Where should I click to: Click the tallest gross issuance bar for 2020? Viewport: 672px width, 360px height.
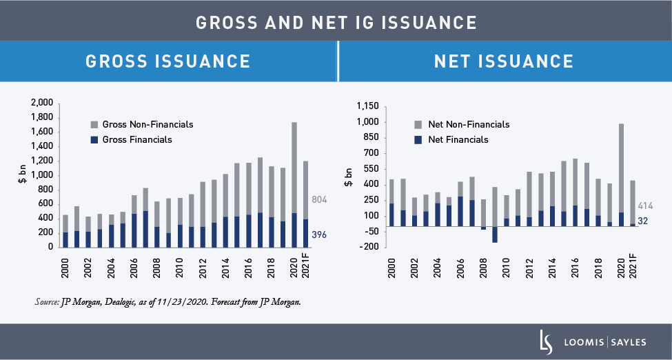coord(295,179)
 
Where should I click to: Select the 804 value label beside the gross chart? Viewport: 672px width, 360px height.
coord(319,200)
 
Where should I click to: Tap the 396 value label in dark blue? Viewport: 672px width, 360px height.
coord(319,235)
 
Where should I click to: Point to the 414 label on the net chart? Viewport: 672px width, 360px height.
coord(646,206)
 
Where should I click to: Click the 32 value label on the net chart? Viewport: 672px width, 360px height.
coord(642,221)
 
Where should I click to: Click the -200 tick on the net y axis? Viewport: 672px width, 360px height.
coord(370,247)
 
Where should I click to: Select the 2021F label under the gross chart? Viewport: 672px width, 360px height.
coord(306,266)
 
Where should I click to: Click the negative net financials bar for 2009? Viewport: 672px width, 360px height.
coord(495,234)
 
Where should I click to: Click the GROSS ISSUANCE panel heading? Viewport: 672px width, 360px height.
coord(167,61)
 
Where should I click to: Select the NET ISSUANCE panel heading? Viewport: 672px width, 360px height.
coord(504,61)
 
